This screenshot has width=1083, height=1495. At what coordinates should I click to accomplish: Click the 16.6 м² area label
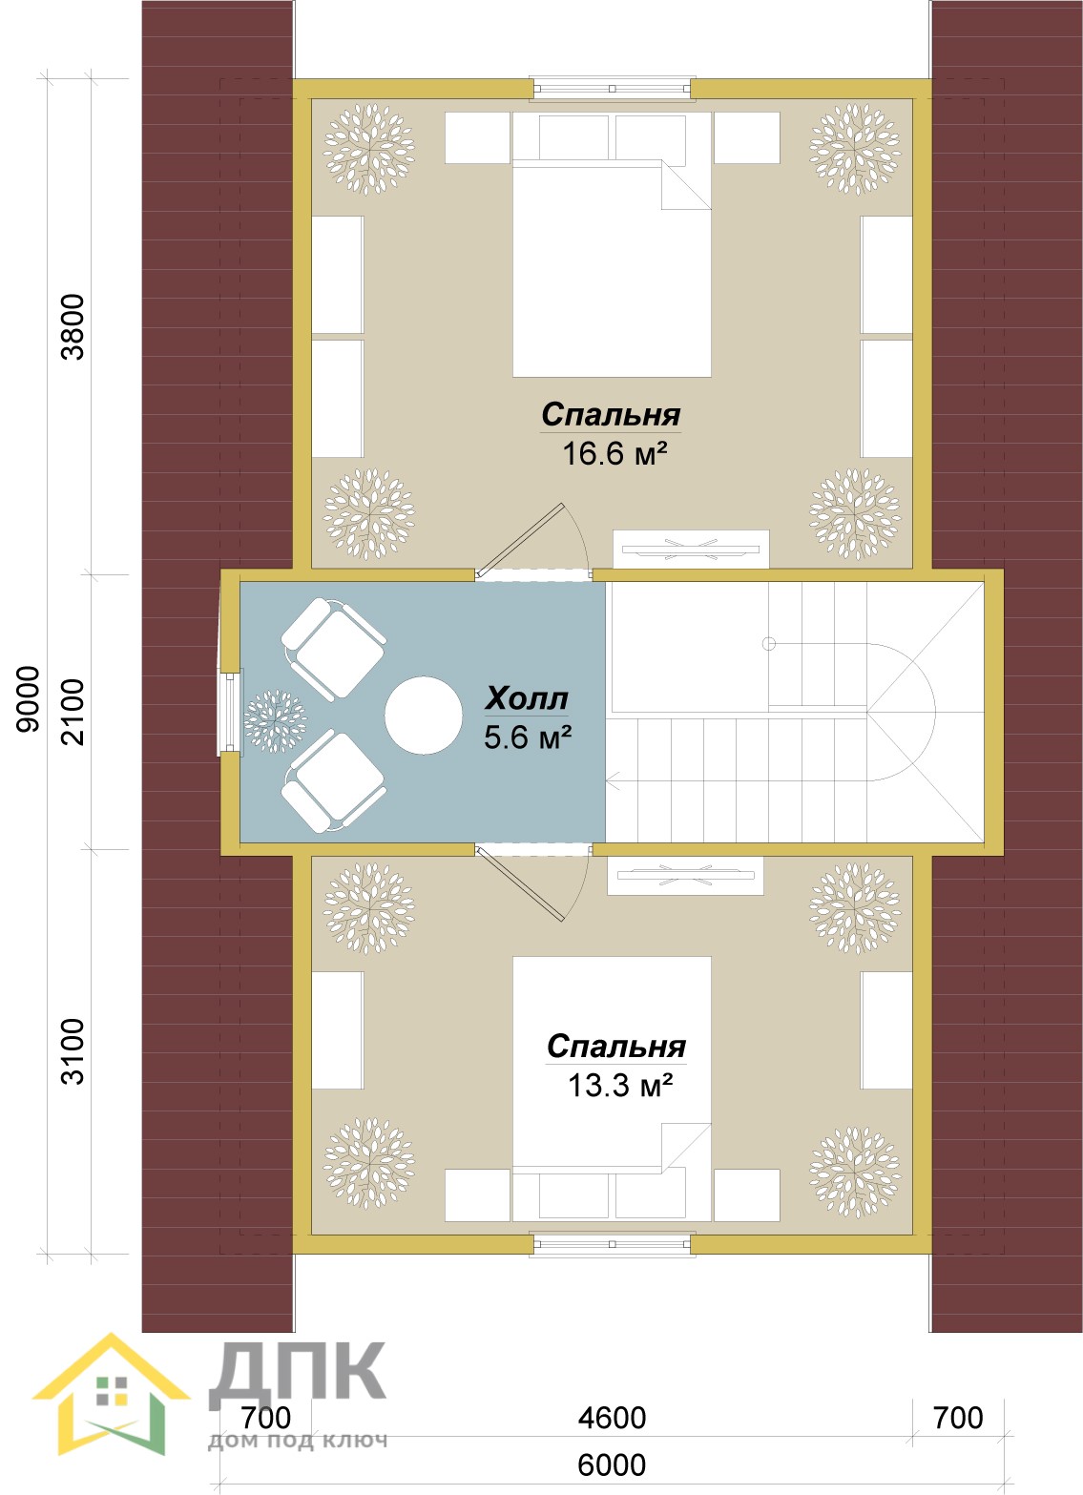tap(614, 454)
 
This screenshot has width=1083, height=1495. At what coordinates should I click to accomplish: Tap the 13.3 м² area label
tap(619, 1086)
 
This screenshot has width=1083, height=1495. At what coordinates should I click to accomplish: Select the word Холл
tap(526, 698)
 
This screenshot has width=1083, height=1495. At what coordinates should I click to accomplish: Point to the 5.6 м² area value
tap(528, 737)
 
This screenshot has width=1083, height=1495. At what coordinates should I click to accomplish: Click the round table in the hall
tap(424, 715)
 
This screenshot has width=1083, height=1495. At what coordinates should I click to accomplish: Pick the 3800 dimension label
tap(73, 327)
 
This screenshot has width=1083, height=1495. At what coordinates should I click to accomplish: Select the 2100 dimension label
tap(73, 712)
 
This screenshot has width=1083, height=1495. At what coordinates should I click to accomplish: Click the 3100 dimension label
tap(73, 1051)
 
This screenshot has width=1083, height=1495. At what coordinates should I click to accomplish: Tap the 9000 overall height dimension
tap(28, 699)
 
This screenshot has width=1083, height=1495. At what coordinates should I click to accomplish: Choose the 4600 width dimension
tap(613, 1418)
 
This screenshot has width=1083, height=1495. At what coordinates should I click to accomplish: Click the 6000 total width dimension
tap(612, 1465)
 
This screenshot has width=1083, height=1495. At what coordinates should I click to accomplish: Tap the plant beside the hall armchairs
tap(275, 721)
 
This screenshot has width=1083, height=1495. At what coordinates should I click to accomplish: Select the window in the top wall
tap(613, 89)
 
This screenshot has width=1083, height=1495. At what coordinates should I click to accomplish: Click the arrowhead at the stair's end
tap(613, 780)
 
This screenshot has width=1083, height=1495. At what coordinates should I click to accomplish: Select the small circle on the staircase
tap(768, 643)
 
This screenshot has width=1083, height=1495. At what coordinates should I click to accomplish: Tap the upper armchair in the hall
tap(333, 649)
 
